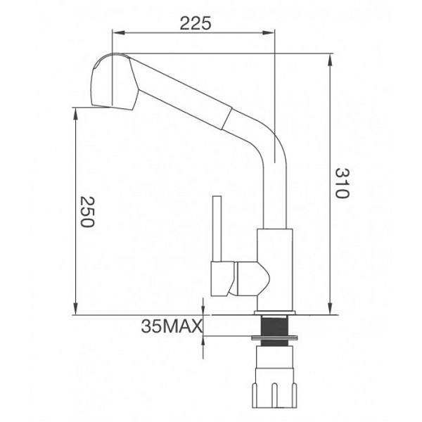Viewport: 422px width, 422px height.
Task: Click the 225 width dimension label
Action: [196, 24]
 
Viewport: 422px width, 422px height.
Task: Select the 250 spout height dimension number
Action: [86, 211]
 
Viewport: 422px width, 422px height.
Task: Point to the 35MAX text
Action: [172, 326]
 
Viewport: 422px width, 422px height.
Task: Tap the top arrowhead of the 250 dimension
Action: [76, 111]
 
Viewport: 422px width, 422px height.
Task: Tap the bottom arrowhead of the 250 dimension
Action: [76, 309]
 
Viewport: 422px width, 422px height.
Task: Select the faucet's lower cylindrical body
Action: [274, 267]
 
